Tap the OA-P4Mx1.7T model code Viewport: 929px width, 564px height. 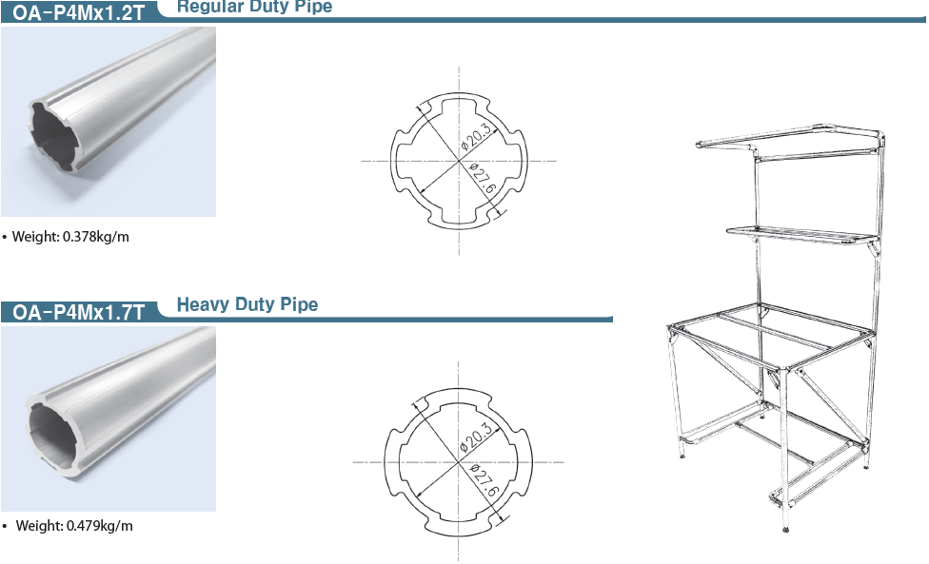pyautogui.click(x=79, y=312)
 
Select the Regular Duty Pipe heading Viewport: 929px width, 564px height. pyautogui.click(x=255, y=7)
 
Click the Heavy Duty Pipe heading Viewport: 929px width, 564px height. pyautogui.click(x=247, y=304)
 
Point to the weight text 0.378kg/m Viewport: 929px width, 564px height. pyautogui.click(x=95, y=237)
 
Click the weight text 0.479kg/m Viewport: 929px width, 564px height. pyautogui.click(x=100, y=526)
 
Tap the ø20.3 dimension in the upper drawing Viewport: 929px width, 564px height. pyautogui.click(x=476, y=136)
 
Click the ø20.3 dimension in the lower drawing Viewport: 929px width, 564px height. pyautogui.click(x=476, y=437)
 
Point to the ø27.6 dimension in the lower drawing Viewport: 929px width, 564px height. pyautogui.click(x=484, y=481)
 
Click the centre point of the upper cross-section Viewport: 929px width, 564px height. pyautogui.click(x=459, y=161)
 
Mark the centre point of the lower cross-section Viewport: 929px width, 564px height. pyautogui.click(x=458, y=462)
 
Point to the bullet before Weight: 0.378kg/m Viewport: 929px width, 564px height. pyautogui.click(x=5, y=238)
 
